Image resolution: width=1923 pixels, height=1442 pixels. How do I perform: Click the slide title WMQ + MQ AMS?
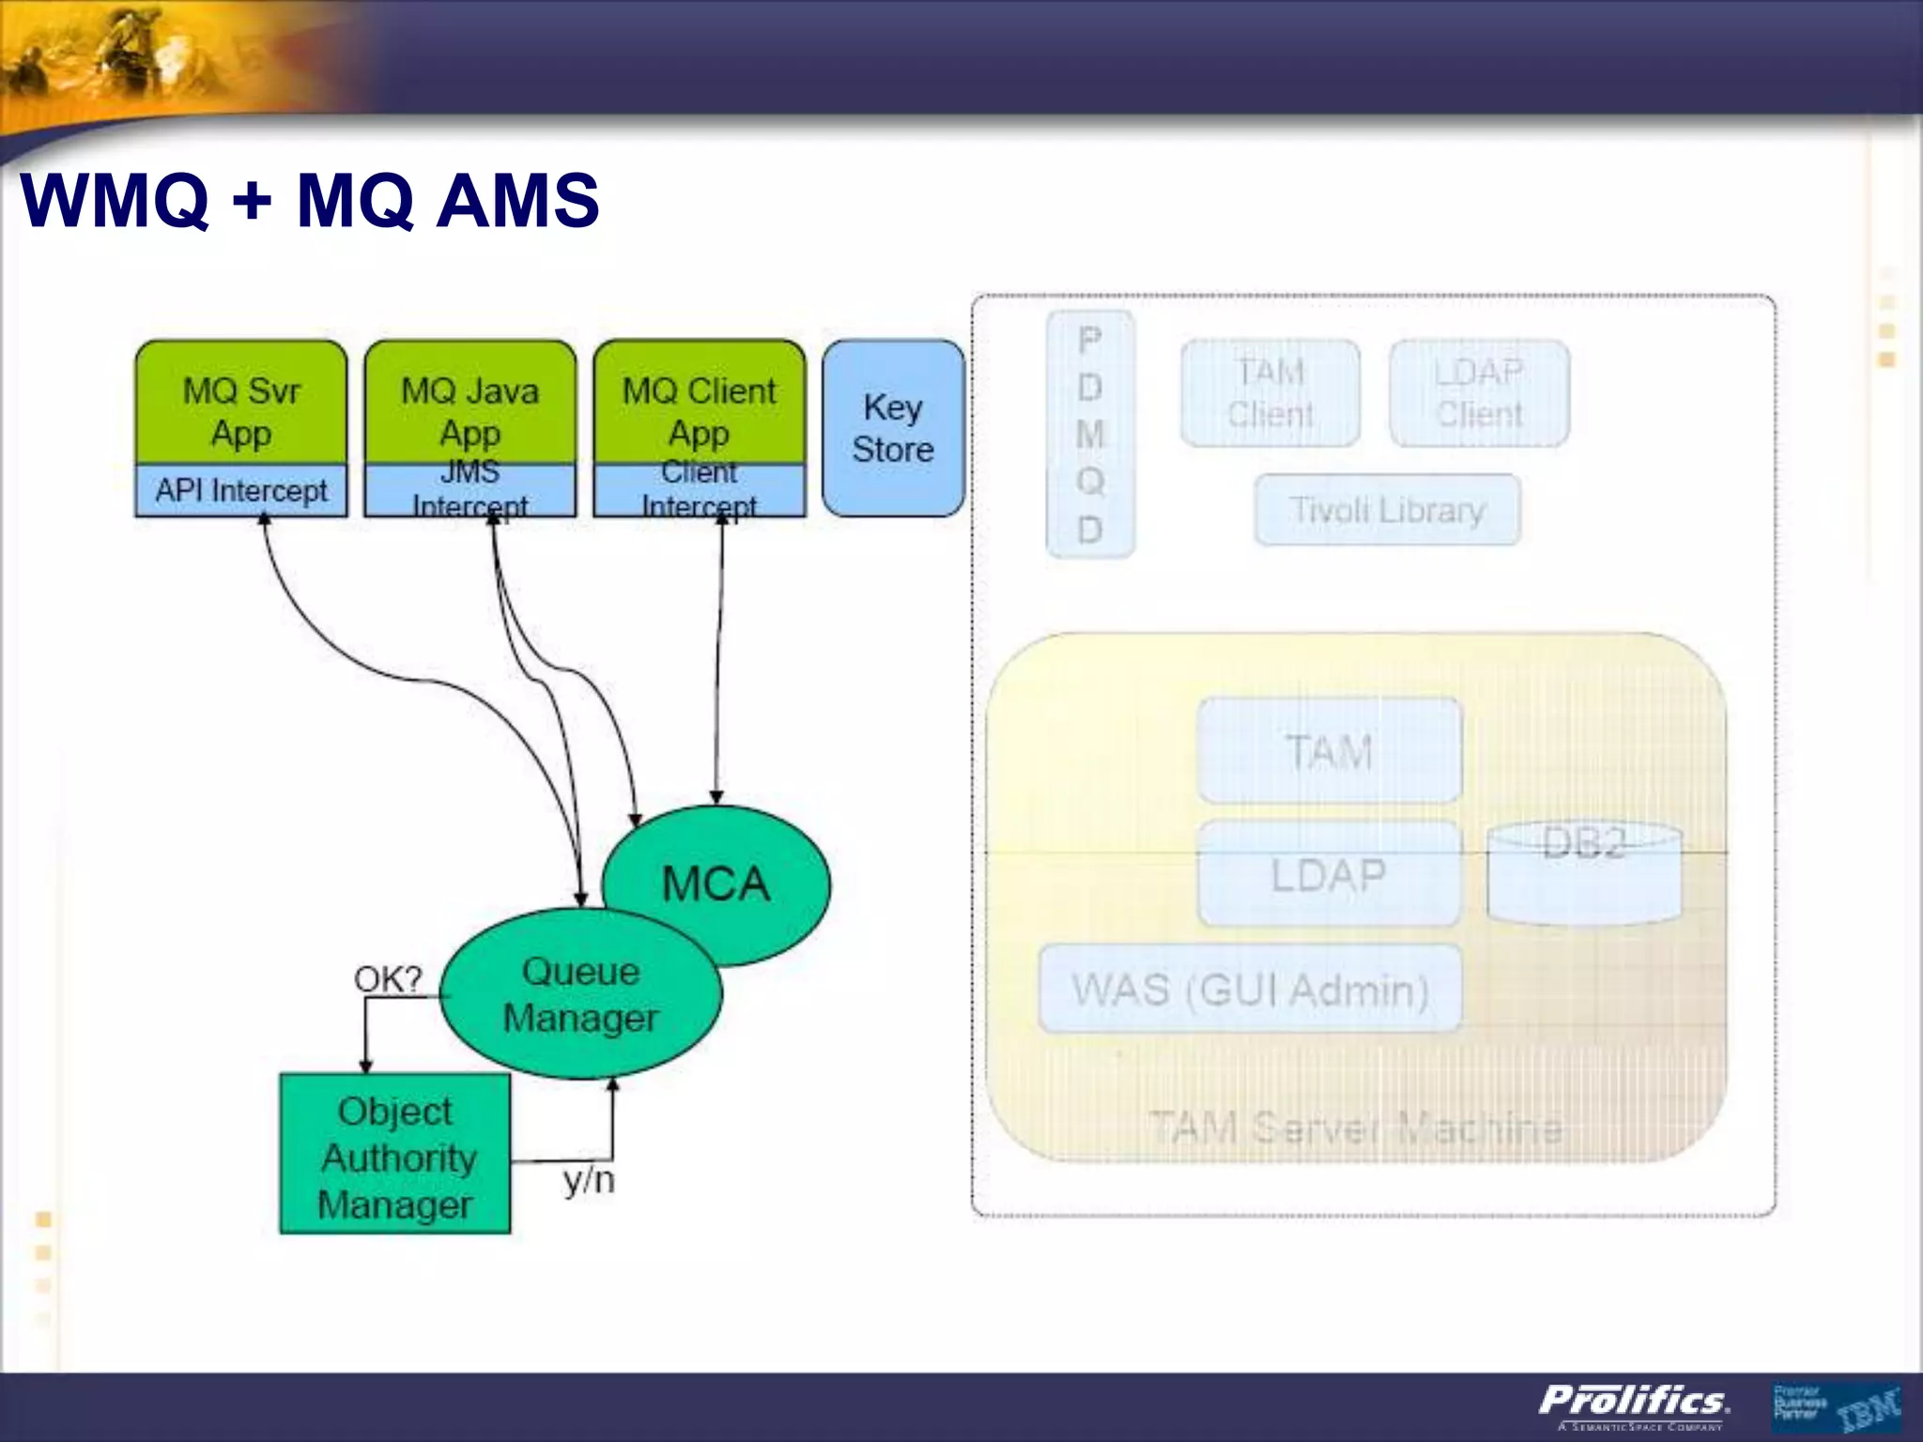coord(310,200)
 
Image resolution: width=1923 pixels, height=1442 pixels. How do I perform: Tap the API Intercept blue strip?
coord(241,490)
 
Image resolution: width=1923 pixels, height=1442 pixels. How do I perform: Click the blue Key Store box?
coord(893,428)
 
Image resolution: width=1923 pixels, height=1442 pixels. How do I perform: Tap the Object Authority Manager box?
coord(395,1155)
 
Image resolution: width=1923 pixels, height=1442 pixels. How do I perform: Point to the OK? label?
coord(388,979)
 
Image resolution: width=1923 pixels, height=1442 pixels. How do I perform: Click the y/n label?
coord(589,1180)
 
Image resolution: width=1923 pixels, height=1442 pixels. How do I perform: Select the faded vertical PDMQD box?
coord(1090,434)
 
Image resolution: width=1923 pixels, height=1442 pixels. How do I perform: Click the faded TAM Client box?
coord(1270,393)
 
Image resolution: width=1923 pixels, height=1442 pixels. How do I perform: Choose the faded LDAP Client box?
coord(1479,393)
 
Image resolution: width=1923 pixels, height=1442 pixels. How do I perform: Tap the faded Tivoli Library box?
coord(1387,510)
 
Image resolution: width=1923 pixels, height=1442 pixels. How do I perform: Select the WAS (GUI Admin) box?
coord(1250,989)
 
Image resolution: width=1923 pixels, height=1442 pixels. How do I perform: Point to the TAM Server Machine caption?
coord(1356,1127)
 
